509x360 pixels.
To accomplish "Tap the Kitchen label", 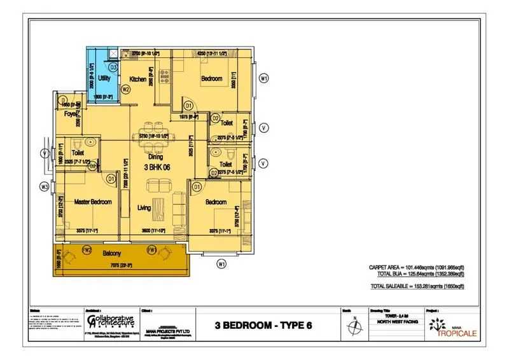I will [x=138, y=79].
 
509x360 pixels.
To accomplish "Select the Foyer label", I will [x=70, y=114].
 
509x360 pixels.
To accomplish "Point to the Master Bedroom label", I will [x=93, y=202].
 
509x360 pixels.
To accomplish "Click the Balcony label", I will [x=113, y=253].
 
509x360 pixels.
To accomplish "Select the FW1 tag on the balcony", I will [x=151, y=249].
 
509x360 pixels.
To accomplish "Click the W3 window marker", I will [x=44, y=187].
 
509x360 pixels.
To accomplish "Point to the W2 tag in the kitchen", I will [x=126, y=90].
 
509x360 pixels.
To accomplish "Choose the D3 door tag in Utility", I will [x=113, y=66].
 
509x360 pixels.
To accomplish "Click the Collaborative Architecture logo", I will [x=109, y=321].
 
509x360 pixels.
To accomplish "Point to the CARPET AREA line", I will [x=416, y=267].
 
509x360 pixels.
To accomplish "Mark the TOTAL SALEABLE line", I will [x=417, y=287].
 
